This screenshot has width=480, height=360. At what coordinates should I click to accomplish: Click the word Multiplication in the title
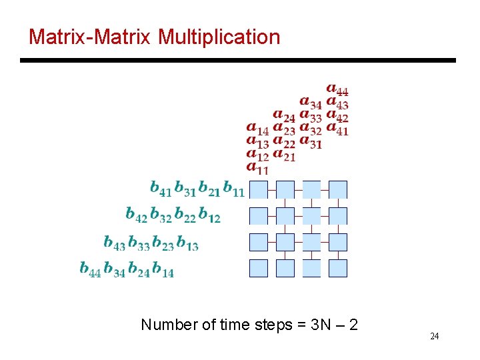[219, 37]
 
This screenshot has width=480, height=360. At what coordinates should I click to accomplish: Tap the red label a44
[337, 89]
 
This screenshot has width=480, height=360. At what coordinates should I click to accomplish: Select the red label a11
[257, 168]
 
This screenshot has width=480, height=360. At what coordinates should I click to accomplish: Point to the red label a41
[337, 129]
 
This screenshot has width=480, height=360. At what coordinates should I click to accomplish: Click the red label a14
[257, 128]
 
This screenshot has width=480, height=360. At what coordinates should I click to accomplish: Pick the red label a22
[284, 142]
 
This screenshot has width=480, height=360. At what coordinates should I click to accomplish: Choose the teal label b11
[233, 189]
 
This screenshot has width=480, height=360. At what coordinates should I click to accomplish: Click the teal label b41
[161, 189]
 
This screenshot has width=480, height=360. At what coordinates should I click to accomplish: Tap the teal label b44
[90, 269]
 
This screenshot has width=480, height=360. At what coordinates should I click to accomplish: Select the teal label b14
[163, 269]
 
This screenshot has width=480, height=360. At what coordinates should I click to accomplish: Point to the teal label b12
[209, 215]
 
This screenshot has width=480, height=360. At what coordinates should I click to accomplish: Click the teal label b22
[185, 215]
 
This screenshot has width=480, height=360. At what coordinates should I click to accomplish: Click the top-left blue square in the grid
[258, 189]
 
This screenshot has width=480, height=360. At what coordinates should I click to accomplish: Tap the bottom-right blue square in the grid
[338, 268]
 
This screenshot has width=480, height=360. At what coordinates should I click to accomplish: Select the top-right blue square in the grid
[338, 189]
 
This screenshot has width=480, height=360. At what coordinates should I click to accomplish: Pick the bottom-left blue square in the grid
[258, 268]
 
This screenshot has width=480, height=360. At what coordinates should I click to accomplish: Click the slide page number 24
[434, 336]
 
